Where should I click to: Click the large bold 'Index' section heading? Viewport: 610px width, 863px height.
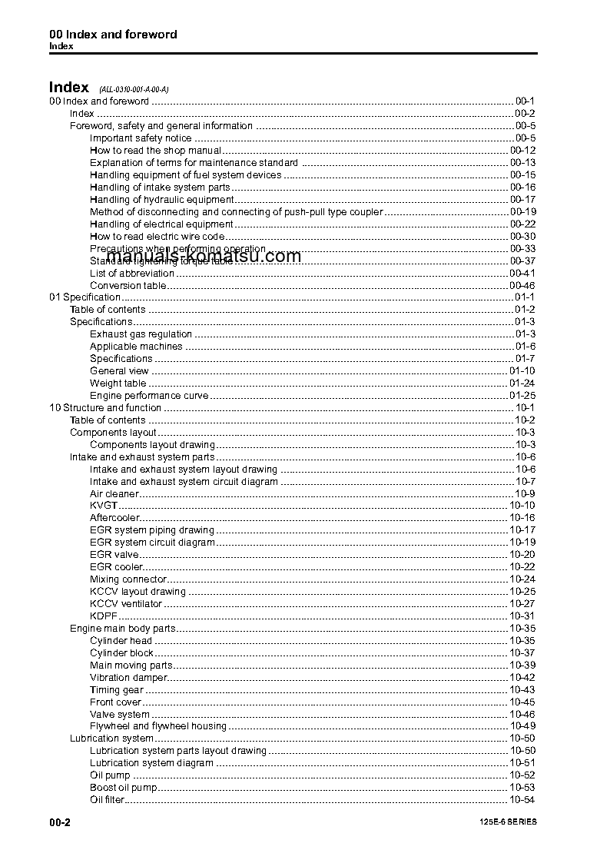68,88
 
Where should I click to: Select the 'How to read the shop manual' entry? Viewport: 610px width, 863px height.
155,151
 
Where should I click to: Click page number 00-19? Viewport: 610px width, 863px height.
522,212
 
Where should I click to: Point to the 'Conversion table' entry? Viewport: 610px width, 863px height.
127,286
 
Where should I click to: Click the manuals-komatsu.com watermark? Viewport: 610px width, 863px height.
204,256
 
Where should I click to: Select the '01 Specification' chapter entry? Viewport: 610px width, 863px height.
85,297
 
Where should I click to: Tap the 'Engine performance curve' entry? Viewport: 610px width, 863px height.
149,396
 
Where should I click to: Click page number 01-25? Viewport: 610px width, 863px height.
522,396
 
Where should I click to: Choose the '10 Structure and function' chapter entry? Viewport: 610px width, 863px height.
105,408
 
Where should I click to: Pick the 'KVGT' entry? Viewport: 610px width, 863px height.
104,506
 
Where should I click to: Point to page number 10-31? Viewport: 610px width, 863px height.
522,616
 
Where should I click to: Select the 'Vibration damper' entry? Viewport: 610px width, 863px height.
128,678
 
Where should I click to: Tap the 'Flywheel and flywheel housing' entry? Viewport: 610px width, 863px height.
158,726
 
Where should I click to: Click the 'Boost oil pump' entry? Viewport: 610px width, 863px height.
124,788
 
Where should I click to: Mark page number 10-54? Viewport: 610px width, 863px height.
522,801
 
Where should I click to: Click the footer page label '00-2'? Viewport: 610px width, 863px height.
60,822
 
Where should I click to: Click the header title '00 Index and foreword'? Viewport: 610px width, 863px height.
113,35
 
